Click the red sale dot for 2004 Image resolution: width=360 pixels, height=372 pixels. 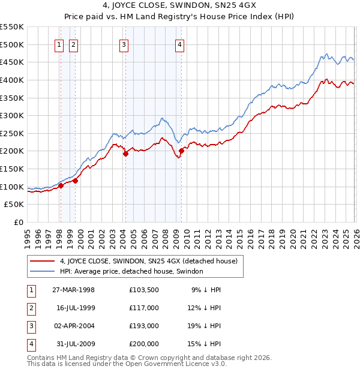(x=125, y=154)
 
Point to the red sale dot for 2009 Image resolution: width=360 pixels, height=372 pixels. (x=182, y=151)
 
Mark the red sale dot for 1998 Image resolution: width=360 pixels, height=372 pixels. (x=61, y=185)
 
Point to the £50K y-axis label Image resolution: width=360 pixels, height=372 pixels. (x=14, y=205)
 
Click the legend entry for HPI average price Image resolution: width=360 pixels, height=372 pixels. (x=131, y=271)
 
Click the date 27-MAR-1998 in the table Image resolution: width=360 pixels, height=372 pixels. (x=73, y=289)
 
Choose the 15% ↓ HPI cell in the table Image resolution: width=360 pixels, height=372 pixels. (x=206, y=344)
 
